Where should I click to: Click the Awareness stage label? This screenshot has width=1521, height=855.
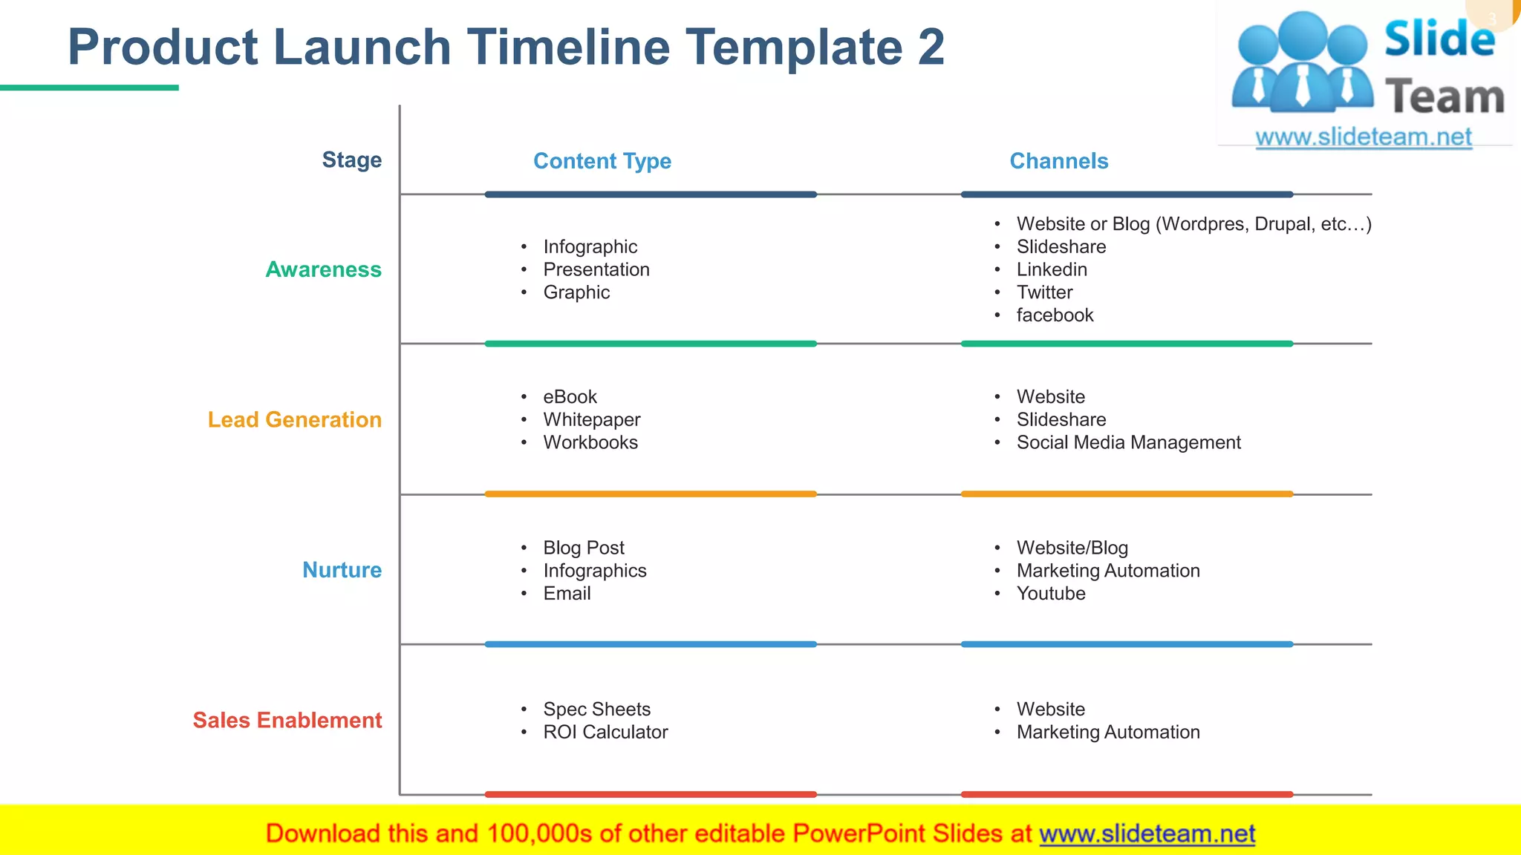tap(323, 269)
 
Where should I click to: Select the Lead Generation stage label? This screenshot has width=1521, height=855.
tap(294, 420)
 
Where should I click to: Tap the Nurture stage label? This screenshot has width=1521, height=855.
tap(342, 570)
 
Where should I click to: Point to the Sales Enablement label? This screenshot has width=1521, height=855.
tap(287, 720)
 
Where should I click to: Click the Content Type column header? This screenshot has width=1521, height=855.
tap(602, 161)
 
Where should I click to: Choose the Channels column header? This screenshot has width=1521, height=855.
tap(1058, 161)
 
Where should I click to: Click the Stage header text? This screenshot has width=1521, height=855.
tap(351, 160)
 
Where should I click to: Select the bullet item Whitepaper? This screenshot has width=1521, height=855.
tap(591, 420)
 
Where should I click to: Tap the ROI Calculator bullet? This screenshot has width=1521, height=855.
tap(605, 733)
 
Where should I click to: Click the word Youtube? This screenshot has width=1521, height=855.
tap(1050, 594)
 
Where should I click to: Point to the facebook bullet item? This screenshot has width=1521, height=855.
tap(1055, 315)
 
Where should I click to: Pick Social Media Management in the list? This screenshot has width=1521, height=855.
tap(1128, 443)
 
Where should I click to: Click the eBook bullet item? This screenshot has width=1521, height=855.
tap(570, 397)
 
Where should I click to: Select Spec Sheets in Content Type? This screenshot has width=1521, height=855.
tap(596, 710)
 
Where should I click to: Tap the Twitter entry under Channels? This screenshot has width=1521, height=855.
tap(1044, 292)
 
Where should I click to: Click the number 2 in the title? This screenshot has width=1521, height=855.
tap(931, 47)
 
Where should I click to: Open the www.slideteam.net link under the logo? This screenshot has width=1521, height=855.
tap(1363, 137)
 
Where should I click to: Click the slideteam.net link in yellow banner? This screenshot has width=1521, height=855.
tap(1147, 834)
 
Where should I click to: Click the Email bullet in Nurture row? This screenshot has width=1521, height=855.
tap(567, 594)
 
